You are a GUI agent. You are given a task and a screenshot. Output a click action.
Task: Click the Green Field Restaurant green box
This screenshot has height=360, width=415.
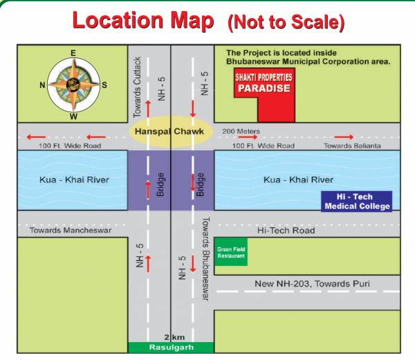pyautogui.click(x=231, y=253)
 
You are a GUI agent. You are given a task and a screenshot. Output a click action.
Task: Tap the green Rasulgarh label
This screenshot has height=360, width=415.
pyautogui.click(x=170, y=347)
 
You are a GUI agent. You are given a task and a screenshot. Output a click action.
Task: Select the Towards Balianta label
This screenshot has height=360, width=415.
pyautogui.click(x=352, y=146)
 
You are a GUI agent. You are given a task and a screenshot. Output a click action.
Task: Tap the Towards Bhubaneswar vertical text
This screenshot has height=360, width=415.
pyautogui.click(x=205, y=259)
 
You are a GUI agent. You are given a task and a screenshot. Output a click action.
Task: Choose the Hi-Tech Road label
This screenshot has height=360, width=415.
pyautogui.click(x=286, y=231)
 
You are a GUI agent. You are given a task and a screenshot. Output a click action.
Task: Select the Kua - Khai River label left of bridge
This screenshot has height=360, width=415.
pyautogui.click(x=74, y=180)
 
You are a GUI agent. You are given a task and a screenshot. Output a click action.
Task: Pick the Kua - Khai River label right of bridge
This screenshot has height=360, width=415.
pyautogui.click(x=298, y=180)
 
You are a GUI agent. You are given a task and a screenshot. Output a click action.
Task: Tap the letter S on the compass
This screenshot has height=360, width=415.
pyautogui.click(x=104, y=85)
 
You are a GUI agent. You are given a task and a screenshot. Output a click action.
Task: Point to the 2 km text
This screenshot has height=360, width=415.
pyautogui.click(x=170, y=336)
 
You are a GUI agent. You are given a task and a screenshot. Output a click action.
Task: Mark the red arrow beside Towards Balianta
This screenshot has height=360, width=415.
pyautogui.click(x=344, y=137)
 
